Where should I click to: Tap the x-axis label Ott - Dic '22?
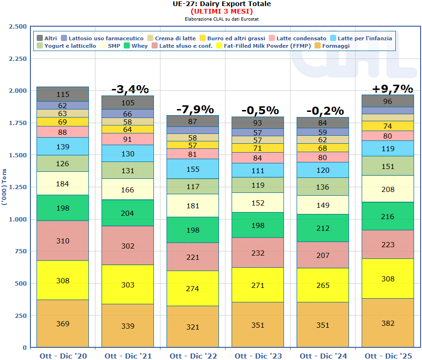(193, 356)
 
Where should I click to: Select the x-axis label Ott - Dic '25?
(388, 356)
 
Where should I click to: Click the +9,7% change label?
(392, 88)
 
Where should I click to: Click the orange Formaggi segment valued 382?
(388, 323)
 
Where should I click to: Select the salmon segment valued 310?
(63, 241)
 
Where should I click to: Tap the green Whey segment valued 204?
(128, 213)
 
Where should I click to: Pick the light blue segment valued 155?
(193, 169)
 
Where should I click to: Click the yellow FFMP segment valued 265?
(323, 285)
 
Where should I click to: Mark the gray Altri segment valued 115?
(63, 94)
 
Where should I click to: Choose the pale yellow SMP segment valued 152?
(258, 203)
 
